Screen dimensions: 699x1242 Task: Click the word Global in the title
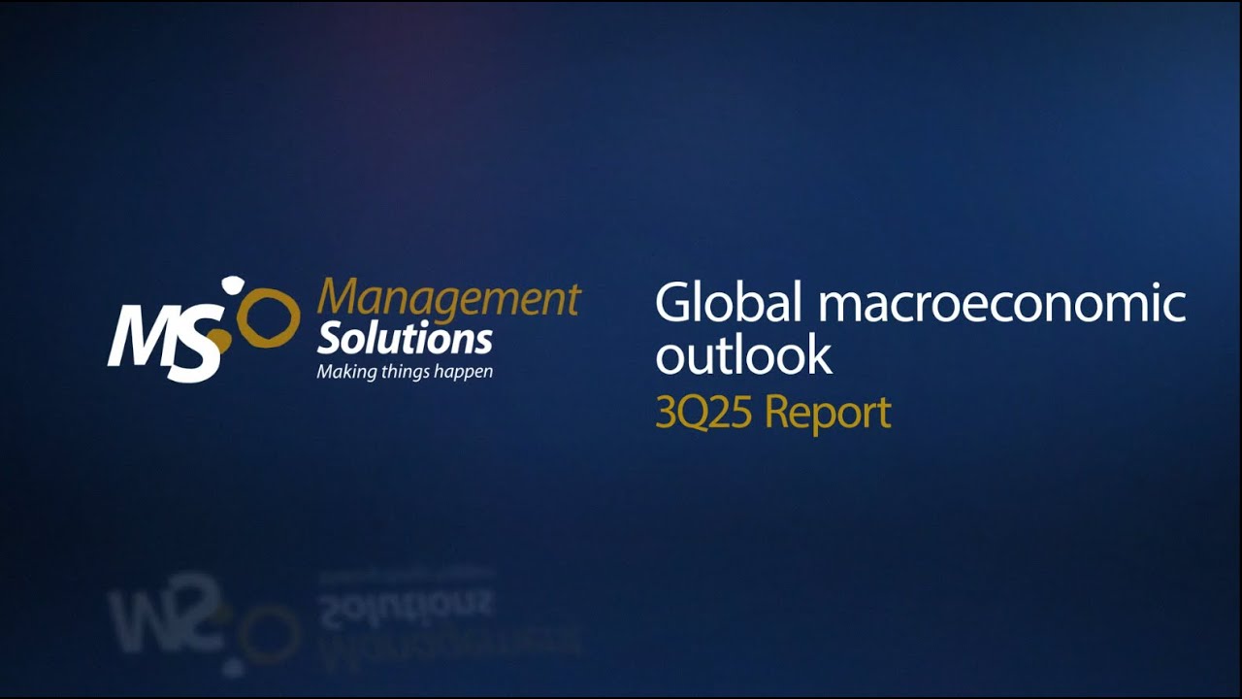pos(729,304)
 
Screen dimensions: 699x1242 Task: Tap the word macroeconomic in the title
pos(1002,304)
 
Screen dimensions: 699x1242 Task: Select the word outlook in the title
pos(743,355)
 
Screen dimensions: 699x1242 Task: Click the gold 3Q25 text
pos(704,413)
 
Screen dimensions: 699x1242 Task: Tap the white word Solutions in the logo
pos(405,340)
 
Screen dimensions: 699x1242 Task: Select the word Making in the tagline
pos(346,372)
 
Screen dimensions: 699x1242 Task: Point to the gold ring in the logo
pos(268,316)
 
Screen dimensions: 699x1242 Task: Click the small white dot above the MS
pos(233,283)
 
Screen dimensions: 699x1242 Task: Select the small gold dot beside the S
pos(221,340)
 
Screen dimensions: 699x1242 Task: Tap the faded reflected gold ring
pos(268,632)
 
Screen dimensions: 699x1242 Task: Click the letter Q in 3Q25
pos(693,414)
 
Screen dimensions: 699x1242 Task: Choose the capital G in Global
pos(674,304)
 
